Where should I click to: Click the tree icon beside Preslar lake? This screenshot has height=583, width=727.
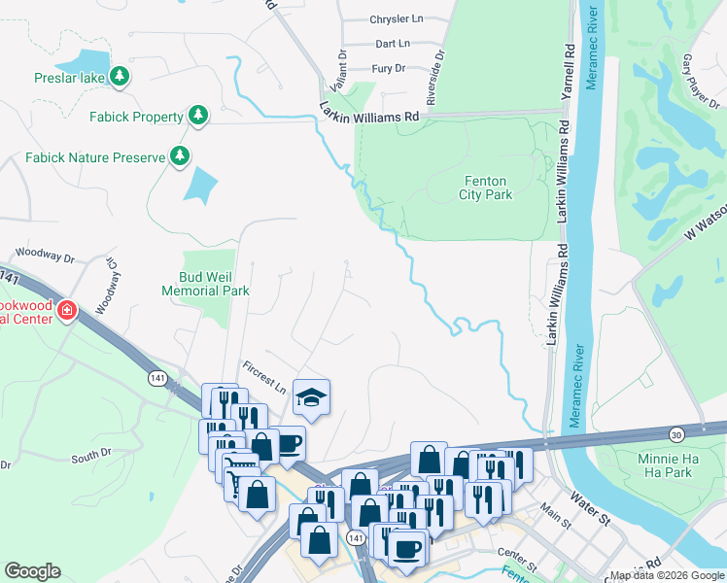[120, 77]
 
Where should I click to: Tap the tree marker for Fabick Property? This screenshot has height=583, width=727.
[198, 117]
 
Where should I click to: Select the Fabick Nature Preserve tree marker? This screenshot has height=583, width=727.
[179, 155]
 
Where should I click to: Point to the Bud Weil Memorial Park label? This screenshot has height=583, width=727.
[205, 284]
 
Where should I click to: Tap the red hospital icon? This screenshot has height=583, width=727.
[66, 311]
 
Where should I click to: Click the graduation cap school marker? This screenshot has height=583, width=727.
[311, 396]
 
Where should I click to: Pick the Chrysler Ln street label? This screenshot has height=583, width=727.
[397, 19]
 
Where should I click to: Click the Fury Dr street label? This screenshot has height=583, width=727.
[389, 69]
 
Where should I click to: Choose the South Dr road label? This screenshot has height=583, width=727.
[91, 456]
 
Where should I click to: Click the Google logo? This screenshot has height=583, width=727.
[32, 571]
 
